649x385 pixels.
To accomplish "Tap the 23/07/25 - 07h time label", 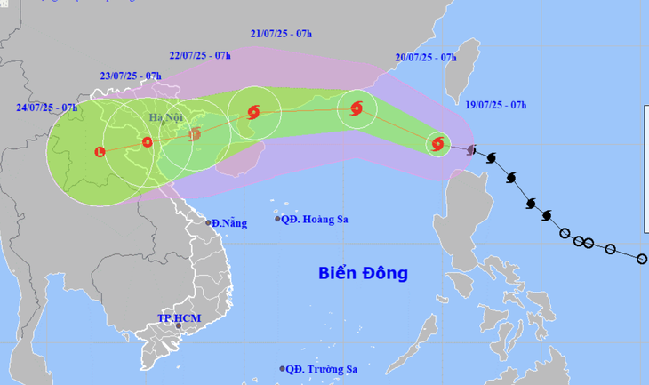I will (131, 77).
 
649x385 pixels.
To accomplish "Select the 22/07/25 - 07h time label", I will (200, 55).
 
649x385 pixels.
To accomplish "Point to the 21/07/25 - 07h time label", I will (282, 34).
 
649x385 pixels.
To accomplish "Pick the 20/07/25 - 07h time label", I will (426, 58).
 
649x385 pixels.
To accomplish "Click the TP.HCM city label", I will (175, 317).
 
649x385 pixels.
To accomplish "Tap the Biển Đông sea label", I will (363, 273).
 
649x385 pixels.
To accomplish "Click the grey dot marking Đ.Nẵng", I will (209, 222).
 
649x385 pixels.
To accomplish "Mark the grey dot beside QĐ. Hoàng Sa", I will (277, 219).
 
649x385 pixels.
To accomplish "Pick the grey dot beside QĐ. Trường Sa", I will (283, 368).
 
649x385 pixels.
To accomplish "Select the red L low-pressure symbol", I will (100, 151).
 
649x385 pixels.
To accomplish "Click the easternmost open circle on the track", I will (642, 259).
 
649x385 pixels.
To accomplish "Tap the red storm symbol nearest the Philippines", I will (437, 143).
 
